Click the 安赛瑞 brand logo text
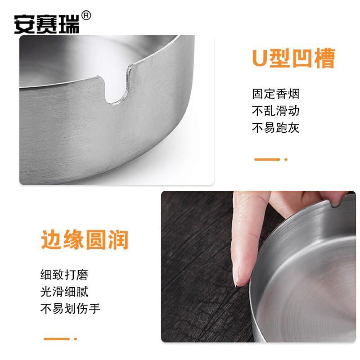pos(47,24)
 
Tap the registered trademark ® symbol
pos(86,16)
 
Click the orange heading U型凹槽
pos(294,58)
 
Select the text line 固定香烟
pos(276,94)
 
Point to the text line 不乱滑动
pos(276,111)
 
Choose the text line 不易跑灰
pos(276,128)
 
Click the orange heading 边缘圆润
pos(85,240)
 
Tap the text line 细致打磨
pos(64,275)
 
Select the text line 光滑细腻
pos(64,292)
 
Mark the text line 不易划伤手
pos(70,308)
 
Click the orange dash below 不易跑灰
pos(267,159)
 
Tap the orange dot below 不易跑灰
pos(286,159)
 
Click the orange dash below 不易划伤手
pos(57,339)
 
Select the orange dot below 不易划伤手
pos(75,339)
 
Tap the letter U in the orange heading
pos(260,58)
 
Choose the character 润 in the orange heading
pos(118,240)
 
